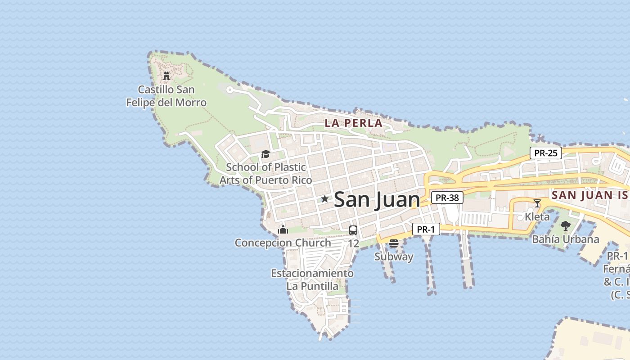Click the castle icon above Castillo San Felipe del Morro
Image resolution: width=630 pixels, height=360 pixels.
point(166,76)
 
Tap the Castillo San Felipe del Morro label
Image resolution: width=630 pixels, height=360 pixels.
point(166,96)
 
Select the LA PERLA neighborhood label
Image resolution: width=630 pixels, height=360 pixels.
point(353,123)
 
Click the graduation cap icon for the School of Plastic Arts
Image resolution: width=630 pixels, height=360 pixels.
point(265,154)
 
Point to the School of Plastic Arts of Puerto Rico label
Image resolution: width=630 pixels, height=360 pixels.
point(265,174)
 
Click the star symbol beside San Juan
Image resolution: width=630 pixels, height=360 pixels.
point(324,199)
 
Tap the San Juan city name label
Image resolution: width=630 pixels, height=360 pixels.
point(377,199)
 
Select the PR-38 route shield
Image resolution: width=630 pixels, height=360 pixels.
point(447,198)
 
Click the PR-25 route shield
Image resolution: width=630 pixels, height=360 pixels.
point(545,153)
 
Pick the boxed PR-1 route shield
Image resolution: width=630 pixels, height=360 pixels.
point(426,229)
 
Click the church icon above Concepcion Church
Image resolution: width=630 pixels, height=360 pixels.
point(283,229)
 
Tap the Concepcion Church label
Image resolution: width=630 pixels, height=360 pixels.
point(283,243)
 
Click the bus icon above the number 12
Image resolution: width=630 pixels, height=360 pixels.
point(353,230)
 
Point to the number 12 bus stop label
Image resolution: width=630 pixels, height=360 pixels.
point(353,243)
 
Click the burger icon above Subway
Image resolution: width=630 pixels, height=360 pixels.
point(394,243)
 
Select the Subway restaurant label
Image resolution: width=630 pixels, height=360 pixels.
point(394,256)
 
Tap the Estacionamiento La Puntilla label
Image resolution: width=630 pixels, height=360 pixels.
point(312,279)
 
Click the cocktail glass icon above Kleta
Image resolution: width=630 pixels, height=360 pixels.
point(537,203)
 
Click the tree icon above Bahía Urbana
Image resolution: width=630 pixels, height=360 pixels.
point(565,226)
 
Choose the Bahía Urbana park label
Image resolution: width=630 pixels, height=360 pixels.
point(565,239)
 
